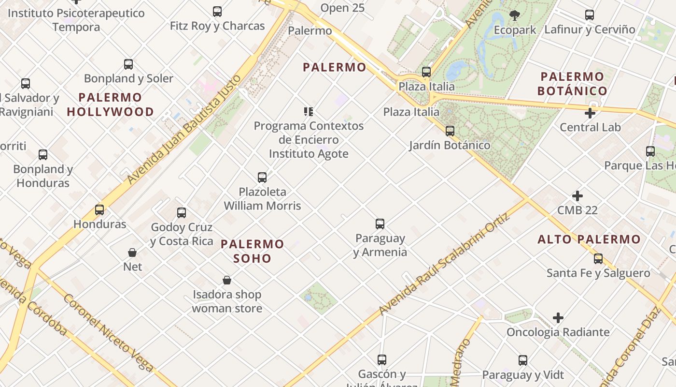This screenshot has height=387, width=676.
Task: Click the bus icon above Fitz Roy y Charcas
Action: [x=217, y=11]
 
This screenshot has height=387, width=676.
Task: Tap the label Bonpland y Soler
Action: [x=128, y=78]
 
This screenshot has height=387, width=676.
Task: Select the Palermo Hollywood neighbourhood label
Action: [x=110, y=104]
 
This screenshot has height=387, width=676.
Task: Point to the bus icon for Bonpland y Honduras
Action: [x=43, y=155]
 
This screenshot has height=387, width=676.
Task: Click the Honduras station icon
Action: [x=99, y=210]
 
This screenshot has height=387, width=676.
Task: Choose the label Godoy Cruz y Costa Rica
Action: [x=182, y=234]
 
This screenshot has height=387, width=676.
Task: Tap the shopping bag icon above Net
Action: [x=132, y=253]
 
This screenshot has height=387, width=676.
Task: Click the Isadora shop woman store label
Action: [x=227, y=301]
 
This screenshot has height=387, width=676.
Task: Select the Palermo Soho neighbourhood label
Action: [x=252, y=251]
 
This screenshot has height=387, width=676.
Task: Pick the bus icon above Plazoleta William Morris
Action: [x=262, y=178]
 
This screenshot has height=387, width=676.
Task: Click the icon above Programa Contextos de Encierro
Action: [x=309, y=112]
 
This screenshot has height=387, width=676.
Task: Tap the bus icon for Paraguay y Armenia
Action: [x=380, y=224]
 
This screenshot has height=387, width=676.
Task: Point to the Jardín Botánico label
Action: [x=450, y=145]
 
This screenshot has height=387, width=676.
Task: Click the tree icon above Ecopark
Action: [x=515, y=15]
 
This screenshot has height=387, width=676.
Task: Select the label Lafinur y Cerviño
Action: [x=590, y=30]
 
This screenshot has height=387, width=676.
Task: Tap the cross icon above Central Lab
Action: [x=590, y=113]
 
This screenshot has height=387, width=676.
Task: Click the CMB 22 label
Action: [x=577, y=210]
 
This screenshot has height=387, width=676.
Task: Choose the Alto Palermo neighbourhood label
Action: [x=589, y=239]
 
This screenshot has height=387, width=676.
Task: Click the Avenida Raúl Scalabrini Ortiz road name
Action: [x=445, y=265]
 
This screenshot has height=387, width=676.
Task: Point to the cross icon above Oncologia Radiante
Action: [x=558, y=318]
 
